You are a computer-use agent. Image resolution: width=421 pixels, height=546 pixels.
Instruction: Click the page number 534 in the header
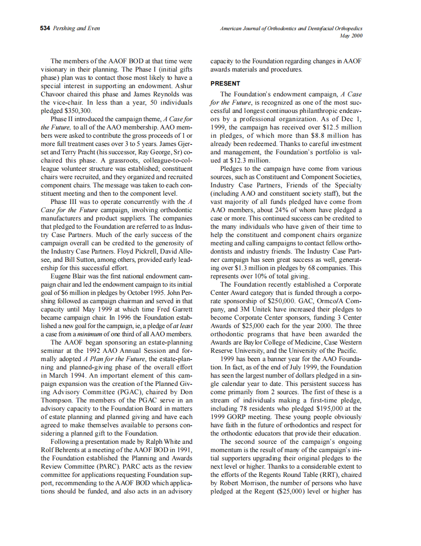click(x=45, y=28)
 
